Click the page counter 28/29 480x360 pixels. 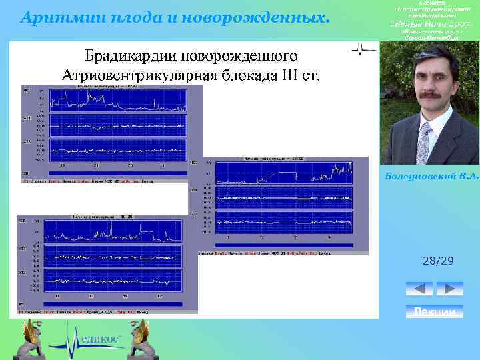click(x=437, y=261)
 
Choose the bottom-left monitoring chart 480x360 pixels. click(x=107, y=263)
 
